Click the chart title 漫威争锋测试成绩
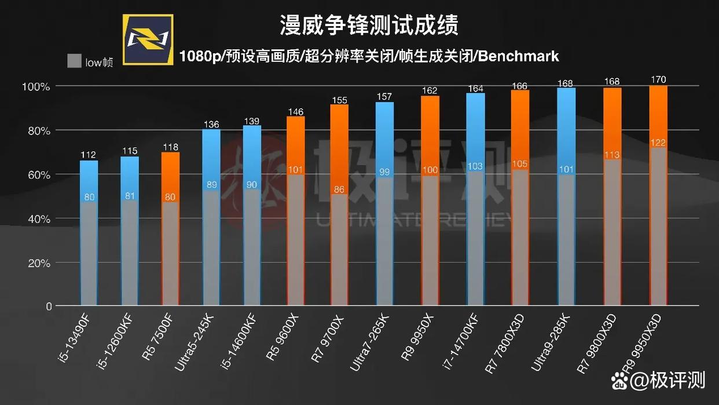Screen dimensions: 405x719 tap(369, 25)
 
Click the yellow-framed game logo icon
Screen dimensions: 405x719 tap(148, 39)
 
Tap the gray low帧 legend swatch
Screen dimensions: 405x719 tap(74, 61)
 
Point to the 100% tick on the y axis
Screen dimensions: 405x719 tap(36, 86)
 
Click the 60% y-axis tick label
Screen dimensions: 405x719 tap(37, 175)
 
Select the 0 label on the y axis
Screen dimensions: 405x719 tap(49, 307)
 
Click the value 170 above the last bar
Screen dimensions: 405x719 tap(658, 79)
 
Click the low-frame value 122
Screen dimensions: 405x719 tap(658, 143)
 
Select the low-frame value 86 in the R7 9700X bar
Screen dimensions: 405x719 tap(339, 189)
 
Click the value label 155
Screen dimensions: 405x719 tap(339, 100)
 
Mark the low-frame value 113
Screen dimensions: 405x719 tap(612, 155)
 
